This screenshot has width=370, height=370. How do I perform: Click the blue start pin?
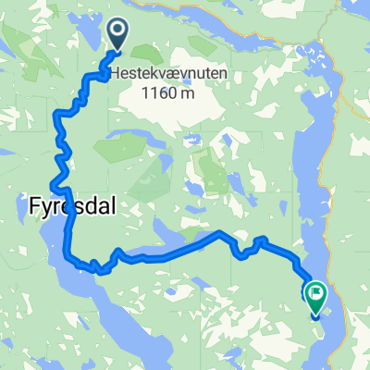coord(120,34)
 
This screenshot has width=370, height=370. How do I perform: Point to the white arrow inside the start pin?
coord(120,32)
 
